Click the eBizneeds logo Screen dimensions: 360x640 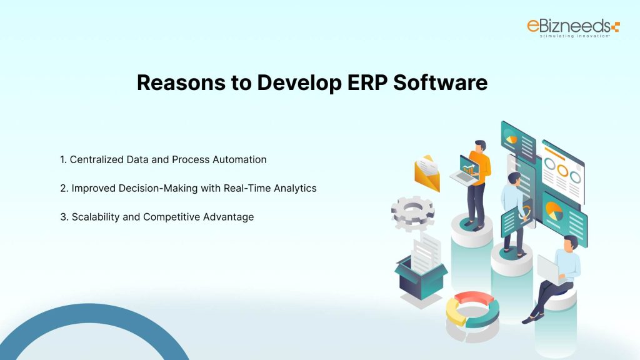pyautogui.click(x=572, y=27)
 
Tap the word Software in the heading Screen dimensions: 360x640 pyautogui.click(x=441, y=83)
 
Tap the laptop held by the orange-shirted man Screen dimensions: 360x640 pyautogui.click(x=468, y=170)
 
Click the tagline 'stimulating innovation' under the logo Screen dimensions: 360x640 pyautogui.click(x=566, y=36)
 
